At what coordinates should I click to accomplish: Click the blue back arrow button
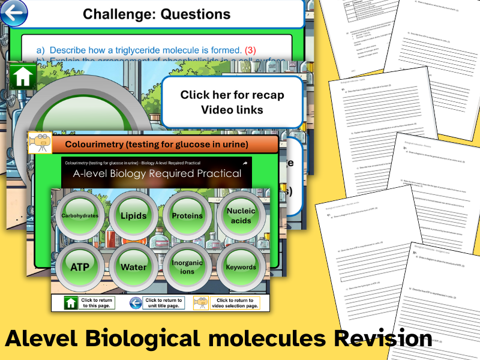click(13, 12)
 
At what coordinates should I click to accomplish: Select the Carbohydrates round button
click(80, 215)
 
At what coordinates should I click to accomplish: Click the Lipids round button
click(133, 215)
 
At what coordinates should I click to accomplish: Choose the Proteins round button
click(187, 215)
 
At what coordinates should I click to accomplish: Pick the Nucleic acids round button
click(241, 215)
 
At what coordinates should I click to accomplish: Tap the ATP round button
click(80, 267)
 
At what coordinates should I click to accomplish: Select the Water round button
click(133, 267)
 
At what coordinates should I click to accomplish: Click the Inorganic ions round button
click(187, 267)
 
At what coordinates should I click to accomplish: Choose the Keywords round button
click(241, 267)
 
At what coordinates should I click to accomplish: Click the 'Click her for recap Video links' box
click(232, 102)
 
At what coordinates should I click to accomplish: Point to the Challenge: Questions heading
click(156, 13)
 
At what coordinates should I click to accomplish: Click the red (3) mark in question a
click(250, 50)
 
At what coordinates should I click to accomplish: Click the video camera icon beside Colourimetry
click(40, 144)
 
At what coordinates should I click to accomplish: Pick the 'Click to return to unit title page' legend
click(155, 304)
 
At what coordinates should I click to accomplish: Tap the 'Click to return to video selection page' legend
click(227, 304)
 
